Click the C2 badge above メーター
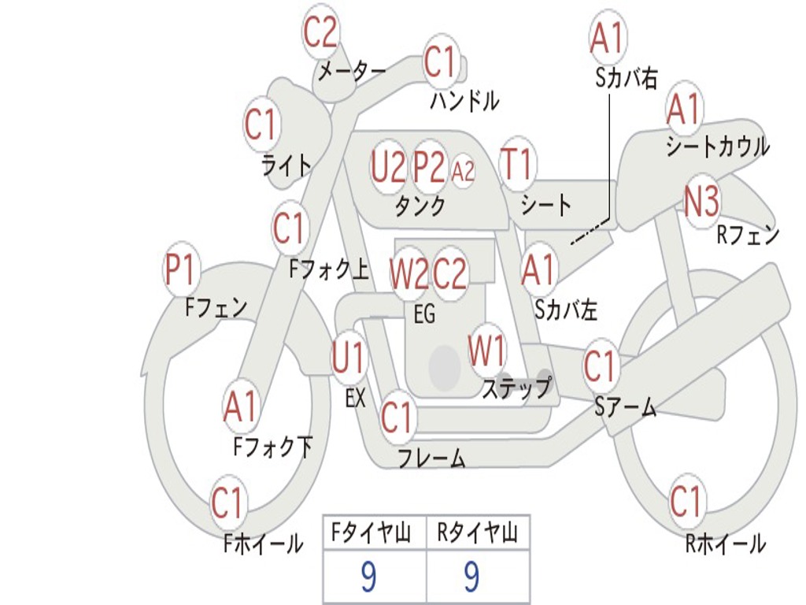[x=320, y=33]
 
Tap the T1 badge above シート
[x=516, y=165]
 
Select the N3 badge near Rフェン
[x=701, y=203]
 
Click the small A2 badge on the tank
[x=464, y=170]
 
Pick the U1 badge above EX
[x=349, y=359]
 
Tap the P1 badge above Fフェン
[x=180, y=271]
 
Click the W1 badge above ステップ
[x=487, y=351]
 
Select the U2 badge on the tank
[x=389, y=167]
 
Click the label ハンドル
[x=464, y=101]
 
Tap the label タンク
[x=420, y=206]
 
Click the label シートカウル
[x=717, y=147]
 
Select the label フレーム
[x=431, y=458]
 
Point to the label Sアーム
[x=625, y=407]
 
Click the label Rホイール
[x=725, y=544]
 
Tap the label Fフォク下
[x=272, y=447]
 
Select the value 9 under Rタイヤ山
[x=471, y=578]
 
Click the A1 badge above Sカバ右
[x=607, y=38]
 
